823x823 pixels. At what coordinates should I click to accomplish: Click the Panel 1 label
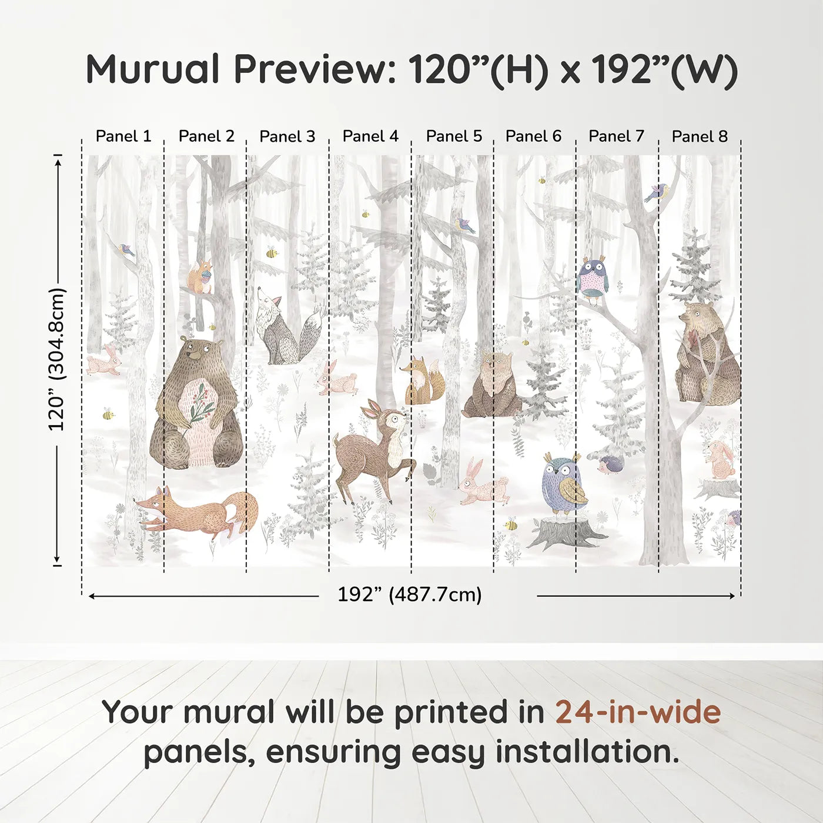[123, 136]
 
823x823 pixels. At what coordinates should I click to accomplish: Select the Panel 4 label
[370, 136]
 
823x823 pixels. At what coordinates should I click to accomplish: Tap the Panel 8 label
[700, 136]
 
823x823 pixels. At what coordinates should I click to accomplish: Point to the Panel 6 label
[533, 136]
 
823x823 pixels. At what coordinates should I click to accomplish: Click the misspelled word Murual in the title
[153, 69]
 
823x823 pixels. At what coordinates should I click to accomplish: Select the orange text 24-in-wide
[638, 712]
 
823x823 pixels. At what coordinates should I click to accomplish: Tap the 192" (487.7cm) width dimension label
[410, 594]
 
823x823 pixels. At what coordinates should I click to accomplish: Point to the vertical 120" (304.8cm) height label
[56, 359]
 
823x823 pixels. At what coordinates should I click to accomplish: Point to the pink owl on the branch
[593, 278]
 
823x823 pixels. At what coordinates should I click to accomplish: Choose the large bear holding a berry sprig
[196, 406]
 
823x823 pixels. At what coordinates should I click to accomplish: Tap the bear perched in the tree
[705, 356]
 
